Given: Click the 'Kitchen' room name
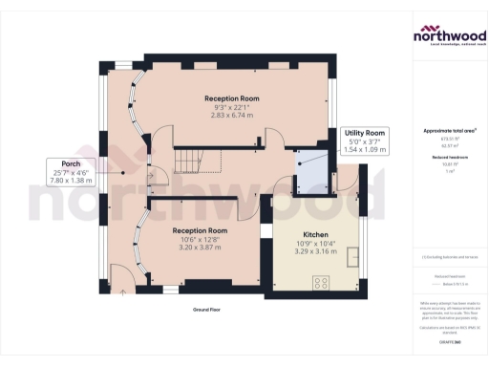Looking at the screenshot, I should tap(317, 234).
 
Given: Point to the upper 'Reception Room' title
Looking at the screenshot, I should tap(231, 98).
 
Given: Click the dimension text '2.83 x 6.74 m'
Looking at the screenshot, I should tap(231, 116).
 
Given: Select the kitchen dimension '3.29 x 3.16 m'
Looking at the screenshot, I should tap(317, 252).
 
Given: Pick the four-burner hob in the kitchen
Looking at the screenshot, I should tap(321, 282).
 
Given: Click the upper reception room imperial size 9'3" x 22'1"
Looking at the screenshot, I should tap(231, 107).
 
